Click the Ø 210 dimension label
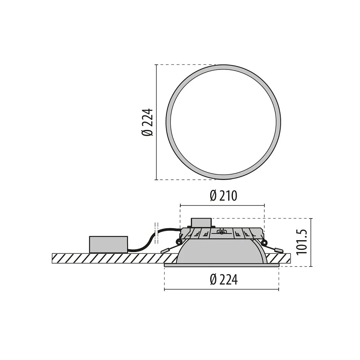[x=224, y=196]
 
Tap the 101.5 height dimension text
[x=302, y=242]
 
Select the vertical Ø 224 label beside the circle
[x=147, y=123]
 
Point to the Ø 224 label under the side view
[x=224, y=279]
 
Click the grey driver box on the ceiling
[x=108, y=244]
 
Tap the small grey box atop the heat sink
[x=201, y=223]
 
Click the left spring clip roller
[x=178, y=242]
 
